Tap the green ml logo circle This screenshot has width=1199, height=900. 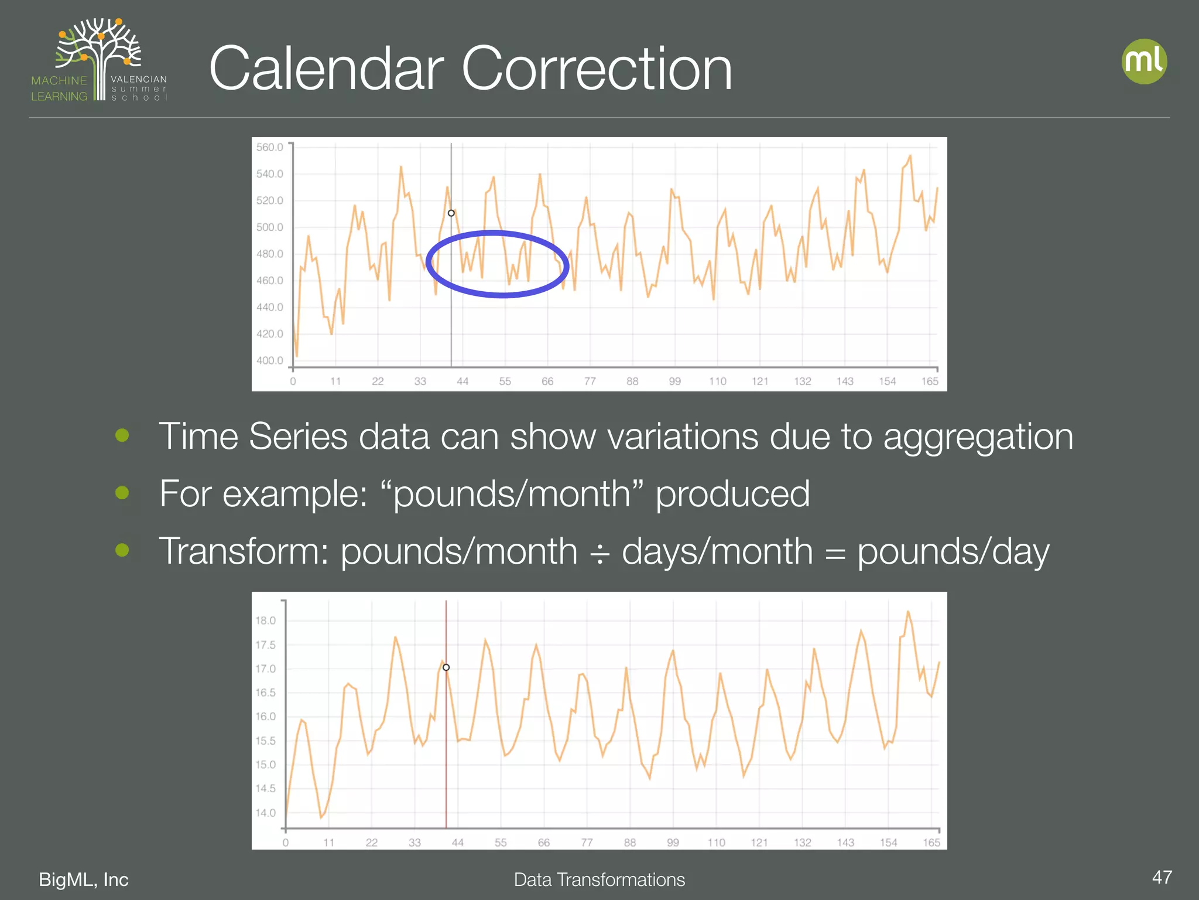click(1144, 62)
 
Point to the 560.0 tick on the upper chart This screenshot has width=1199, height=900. click(269, 147)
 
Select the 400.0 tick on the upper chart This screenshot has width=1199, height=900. click(269, 360)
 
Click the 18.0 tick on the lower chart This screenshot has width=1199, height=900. click(265, 621)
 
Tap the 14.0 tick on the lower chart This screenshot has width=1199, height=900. click(265, 813)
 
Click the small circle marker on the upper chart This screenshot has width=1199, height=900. click(451, 213)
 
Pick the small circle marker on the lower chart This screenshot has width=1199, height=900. click(446, 667)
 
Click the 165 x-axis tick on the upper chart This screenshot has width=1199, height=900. click(930, 381)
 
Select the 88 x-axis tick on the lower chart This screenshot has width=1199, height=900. click(630, 843)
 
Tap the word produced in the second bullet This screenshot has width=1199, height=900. click(732, 494)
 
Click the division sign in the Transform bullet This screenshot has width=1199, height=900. click(599, 553)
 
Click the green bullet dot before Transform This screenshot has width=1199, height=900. click(122, 550)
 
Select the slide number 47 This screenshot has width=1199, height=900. click(1162, 877)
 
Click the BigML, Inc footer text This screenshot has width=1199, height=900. click(84, 879)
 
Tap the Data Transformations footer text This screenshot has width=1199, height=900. click(599, 879)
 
